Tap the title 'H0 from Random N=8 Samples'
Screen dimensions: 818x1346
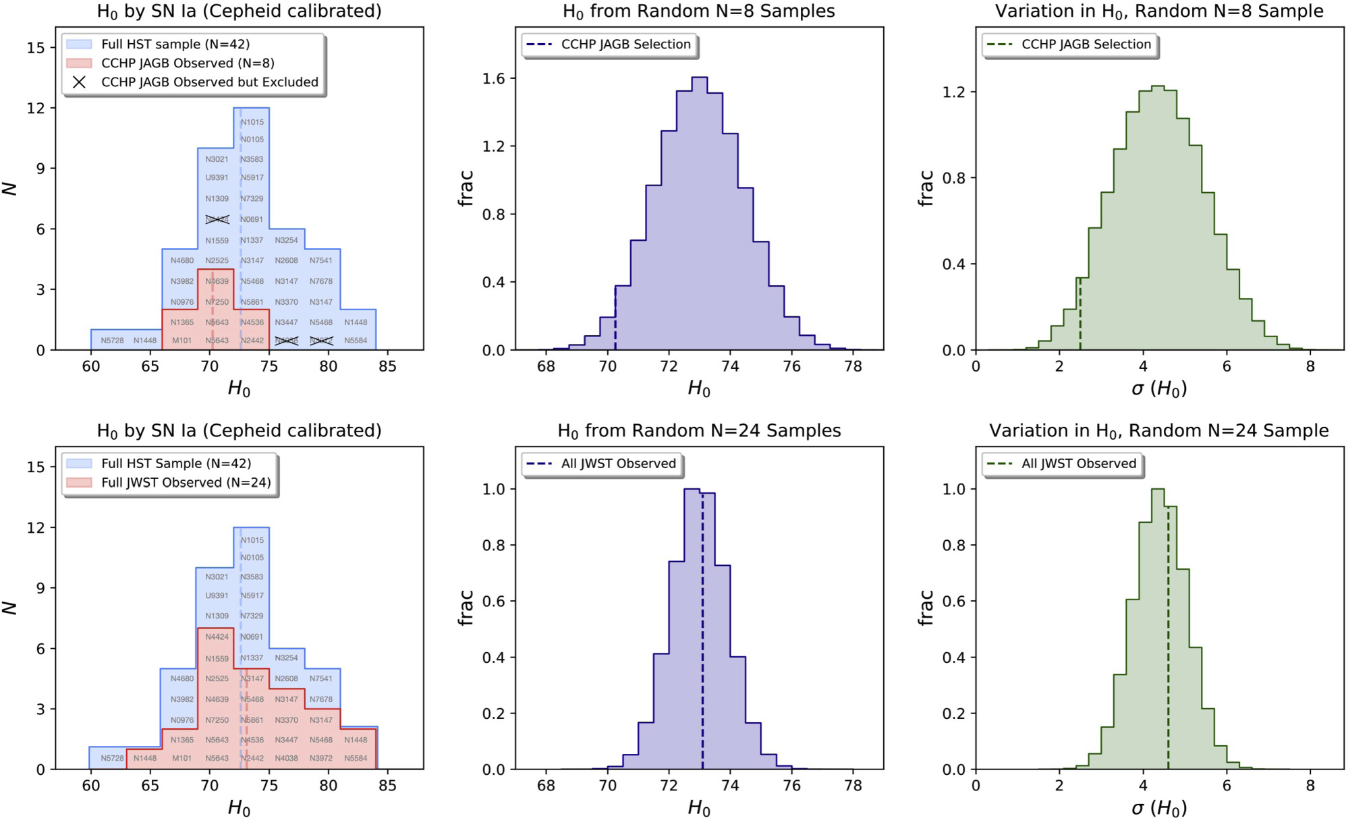click(x=698, y=11)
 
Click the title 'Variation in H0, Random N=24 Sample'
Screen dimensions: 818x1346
click(x=1158, y=431)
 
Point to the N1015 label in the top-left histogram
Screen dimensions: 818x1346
click(x=252, y=122)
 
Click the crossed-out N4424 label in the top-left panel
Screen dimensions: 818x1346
click(x=217, y=219)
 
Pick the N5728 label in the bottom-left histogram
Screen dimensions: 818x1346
click(x=112, y=759)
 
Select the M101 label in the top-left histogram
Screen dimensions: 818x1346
click(x=181, y=341)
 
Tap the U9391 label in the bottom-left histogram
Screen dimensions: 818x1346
click(x=217, y=595)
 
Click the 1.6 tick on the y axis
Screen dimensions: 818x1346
click(x=493, y=79)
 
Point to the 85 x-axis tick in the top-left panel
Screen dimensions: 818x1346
click(x=387, y=366)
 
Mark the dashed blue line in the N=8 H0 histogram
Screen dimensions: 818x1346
click(x=615, y=317)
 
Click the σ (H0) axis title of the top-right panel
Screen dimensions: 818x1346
click(x=1158, y=388)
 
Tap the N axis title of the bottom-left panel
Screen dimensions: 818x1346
click(x=10, y=608)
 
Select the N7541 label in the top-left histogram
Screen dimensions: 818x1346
click(x=321, y=260)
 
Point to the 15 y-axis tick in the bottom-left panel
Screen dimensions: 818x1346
click(x=36, y=467)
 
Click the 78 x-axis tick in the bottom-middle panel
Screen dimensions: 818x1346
click(x=853, y=786)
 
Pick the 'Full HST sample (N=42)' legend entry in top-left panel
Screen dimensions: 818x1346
click(x=175, y=45)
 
